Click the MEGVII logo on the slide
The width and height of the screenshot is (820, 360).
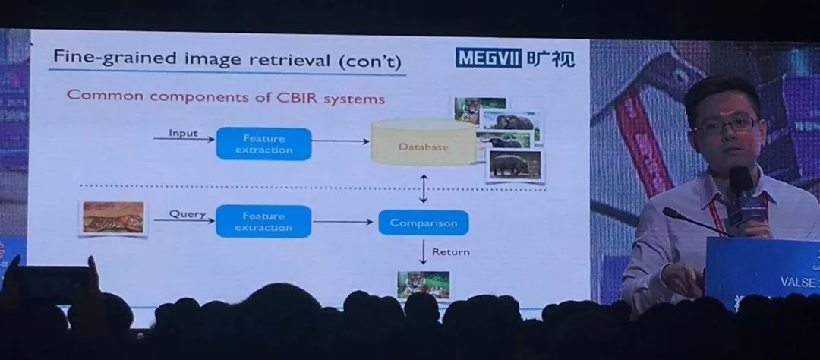pyautogui.click(x=489, y=58)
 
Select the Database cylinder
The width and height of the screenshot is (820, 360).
pyautogui.click(x=423, y=145)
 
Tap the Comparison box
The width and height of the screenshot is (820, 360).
pyautogui.click(x=423, y=223)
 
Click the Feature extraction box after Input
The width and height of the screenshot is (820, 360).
pyautogui.click(x=263, y=144)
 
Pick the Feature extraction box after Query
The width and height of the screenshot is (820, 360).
pyautogui.click(x=263, y=221)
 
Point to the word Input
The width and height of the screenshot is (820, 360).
pyautogui.click(x=183, y=134)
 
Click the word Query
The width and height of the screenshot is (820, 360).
pyautogui.click(x=187, y=214)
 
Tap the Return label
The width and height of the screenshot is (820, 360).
pyautogui.click(x=450, y=251)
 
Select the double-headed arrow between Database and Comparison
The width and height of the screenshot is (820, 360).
pyautogui.click(x=423, y=187)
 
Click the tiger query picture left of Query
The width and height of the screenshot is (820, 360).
pyautogui.click(x=113, y=216)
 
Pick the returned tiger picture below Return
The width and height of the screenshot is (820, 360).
pyautogui.click(x=424, y=284)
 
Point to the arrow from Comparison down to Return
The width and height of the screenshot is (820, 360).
pyautogui.click(x=423, y=250)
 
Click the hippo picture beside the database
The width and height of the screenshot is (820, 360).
pyautogui.click(x=515, y=164)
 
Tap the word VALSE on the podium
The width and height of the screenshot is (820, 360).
pyautogui.click(x=798, y=282)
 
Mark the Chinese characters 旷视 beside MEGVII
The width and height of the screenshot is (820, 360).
pyautogui.click(x=550, y=58)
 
